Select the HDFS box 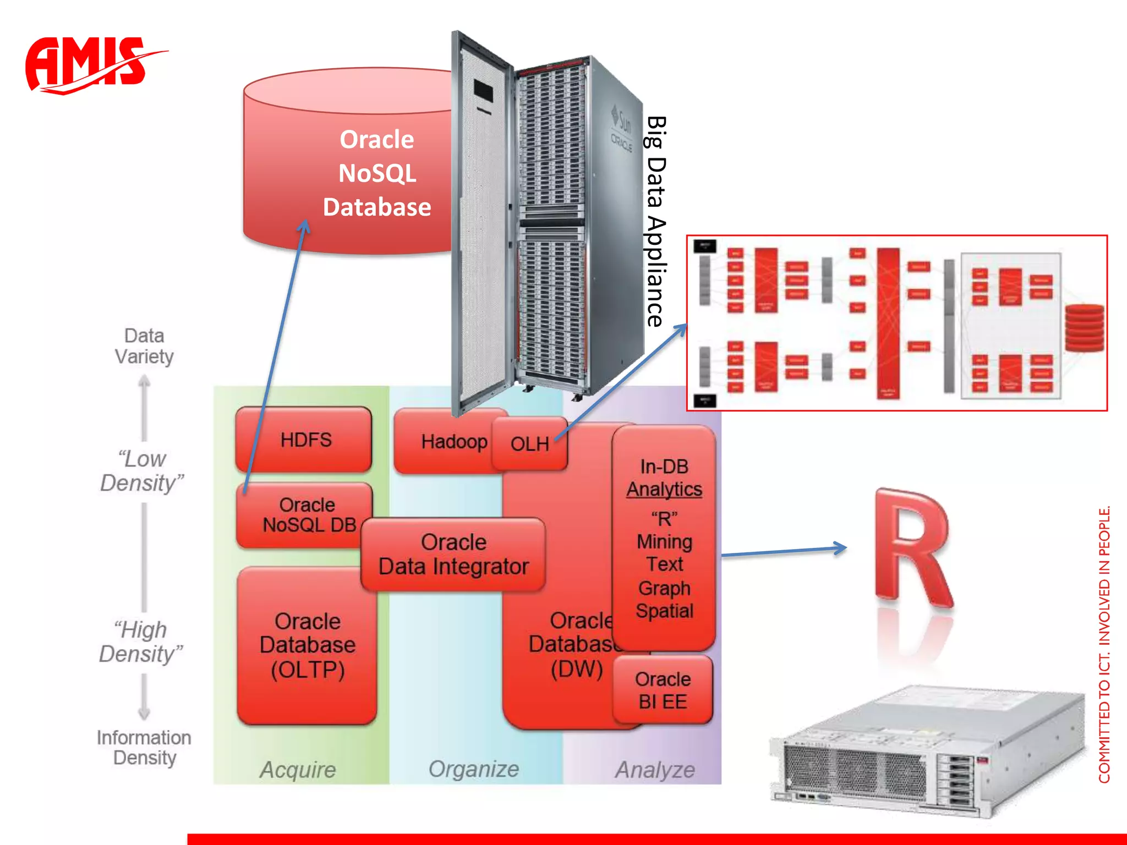304,440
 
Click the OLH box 529,444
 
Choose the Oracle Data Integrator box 453,555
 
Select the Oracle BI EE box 663,690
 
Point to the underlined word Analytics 664,489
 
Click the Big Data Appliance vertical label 656,220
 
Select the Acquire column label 298,770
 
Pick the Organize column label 474,769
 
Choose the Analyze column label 655,770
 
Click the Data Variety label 144,346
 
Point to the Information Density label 144,748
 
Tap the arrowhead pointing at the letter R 840,548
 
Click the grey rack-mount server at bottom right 924,754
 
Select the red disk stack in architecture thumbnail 1084,328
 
